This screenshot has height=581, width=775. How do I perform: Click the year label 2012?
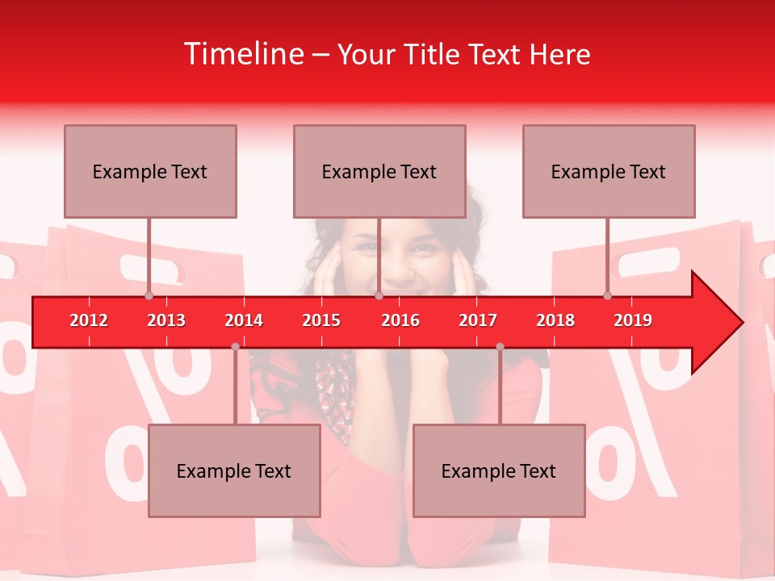pos(89,320)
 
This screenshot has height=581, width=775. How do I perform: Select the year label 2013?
pos(166,320)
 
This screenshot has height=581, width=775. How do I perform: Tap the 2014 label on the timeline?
pos(244,320)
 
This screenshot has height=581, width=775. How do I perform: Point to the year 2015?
pos(321,320)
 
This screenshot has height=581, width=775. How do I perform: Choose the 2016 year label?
pos(400,320)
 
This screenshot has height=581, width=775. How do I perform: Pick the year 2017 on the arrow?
pos(478,320)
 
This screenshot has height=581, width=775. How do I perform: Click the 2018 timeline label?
pos(555,320)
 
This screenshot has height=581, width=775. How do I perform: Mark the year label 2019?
pos(633,320)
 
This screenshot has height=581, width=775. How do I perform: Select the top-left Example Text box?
pos(150,171)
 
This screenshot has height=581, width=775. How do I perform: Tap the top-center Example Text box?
pos(379,171)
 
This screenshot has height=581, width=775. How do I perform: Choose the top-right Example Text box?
pos(609,171)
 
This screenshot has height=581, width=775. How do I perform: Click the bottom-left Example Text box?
pos(234,470)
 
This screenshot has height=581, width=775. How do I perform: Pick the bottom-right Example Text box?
pos(499,470)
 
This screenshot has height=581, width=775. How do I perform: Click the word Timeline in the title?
pos(242,54)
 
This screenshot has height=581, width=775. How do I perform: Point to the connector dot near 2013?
pos(149,296)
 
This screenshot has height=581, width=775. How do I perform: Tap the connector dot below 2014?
pos(235,347)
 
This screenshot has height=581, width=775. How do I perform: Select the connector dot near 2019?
pos(608,296)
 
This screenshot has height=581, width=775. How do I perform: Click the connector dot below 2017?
pos(500,347)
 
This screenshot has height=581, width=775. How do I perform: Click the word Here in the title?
pos(559,54)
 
